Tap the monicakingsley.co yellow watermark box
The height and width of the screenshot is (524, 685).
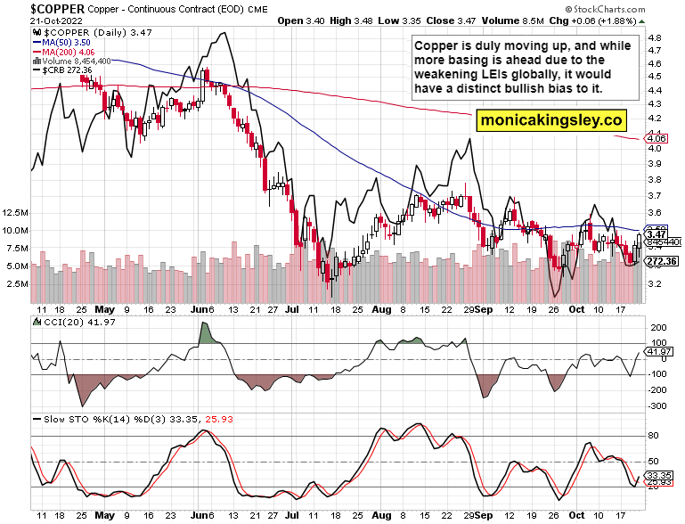(x=550, y=119)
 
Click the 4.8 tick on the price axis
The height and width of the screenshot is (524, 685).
(x=653, y=38)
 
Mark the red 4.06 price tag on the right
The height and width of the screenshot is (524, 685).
(x=655, y=139)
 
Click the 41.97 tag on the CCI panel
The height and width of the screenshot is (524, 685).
(x=659, y=351)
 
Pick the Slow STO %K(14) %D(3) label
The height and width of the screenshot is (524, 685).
(x=90, y=418)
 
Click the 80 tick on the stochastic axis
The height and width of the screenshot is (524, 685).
(x=652, y=435)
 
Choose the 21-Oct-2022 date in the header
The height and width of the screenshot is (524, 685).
(x=32, y=19)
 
